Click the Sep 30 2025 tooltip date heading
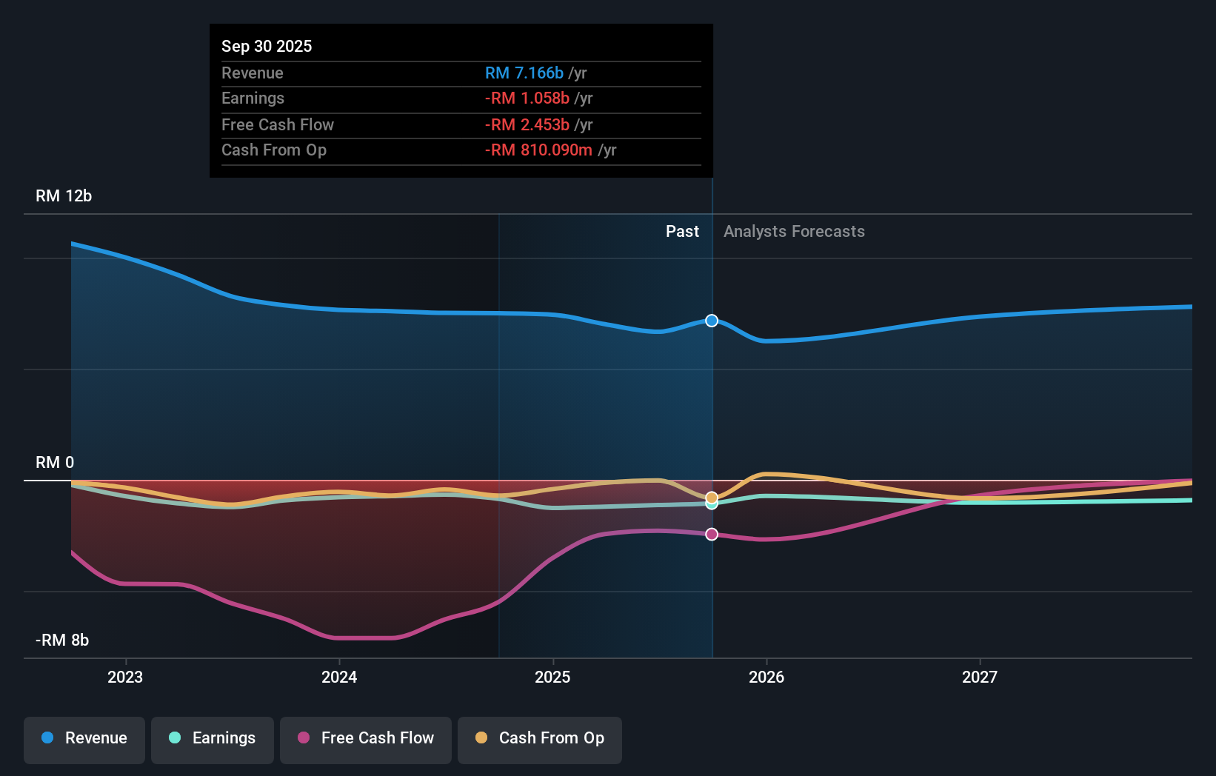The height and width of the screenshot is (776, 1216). (x=267, y=46)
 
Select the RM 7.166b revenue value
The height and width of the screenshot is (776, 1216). (x=524, y=73)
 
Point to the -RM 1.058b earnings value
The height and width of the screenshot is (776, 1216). (x=527, y=98)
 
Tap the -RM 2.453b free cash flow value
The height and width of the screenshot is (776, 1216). (x=527, y=124)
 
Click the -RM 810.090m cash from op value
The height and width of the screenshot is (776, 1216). (x=538, y=150)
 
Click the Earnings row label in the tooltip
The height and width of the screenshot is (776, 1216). (x=253, y=98)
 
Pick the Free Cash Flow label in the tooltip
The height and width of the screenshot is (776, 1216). (x=278, y=124)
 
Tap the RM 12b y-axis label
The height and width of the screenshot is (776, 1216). (x=64, y=196)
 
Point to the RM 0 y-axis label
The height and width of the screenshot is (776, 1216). (x=55, y=463)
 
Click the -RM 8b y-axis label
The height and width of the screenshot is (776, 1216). (x=62, y=640)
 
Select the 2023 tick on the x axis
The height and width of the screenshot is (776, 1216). (x=125, y=677)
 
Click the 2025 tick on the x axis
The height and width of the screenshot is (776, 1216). (x=552, y=677)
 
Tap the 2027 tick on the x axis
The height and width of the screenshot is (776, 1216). (x=979, y=677)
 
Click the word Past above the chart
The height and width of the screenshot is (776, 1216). (x=682, y=232)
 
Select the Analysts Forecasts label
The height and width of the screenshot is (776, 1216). (x=794, y=232)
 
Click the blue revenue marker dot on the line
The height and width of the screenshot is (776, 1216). (x=712, y=321)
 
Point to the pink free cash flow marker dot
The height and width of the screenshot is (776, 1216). (x=712, y=535)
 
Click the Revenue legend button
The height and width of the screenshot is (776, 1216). (x=84, y=738)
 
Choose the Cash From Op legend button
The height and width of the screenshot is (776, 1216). (x=540, y=738)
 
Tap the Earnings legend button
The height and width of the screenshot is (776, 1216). (x=213, y=738)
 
